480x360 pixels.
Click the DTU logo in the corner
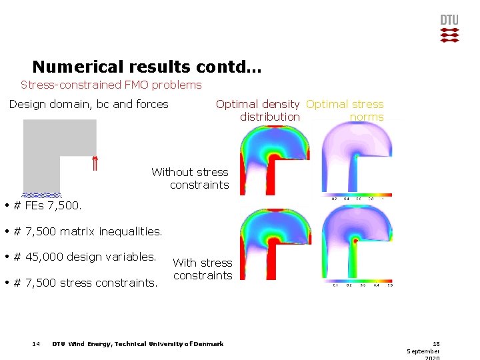(450, 29)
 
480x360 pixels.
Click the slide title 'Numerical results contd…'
(147, 67)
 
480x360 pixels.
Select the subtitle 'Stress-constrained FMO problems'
(111, 85)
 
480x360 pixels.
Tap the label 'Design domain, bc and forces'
(89, 104)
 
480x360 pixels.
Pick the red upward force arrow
(95, 164)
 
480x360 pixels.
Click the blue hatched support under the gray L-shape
(41, 195)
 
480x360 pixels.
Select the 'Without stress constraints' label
(190, 178)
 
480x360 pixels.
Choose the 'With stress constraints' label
(202, 269)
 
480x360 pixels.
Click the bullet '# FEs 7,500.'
(47, 205)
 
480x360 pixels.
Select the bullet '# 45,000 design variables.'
(84, 257)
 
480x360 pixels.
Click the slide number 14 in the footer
(36, 344)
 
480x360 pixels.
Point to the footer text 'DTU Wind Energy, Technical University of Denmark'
(138, 344)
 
